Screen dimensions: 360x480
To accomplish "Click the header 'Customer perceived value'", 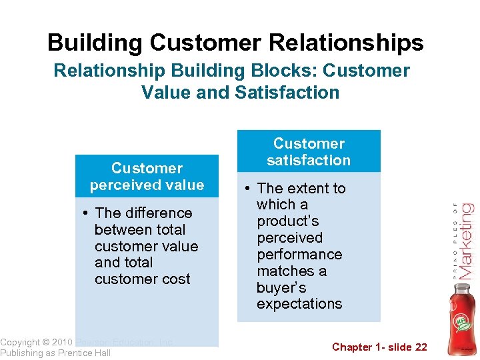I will point(147,177).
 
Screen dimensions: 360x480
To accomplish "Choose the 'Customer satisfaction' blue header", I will point(309,152).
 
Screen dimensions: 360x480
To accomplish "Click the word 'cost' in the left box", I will point(175,279).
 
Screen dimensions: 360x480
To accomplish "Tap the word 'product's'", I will point(288,221).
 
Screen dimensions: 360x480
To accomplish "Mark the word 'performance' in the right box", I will point(299,255).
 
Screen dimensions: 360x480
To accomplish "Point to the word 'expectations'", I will point(299,304).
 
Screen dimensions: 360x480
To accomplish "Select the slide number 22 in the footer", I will point(420,347).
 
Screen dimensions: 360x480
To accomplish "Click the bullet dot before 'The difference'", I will point(87,213).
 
